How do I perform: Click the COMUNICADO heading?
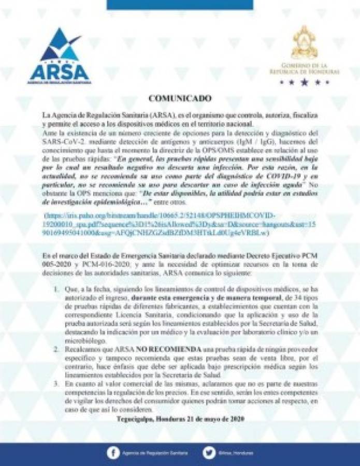coord(180,97)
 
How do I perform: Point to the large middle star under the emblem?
coord(304,82)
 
